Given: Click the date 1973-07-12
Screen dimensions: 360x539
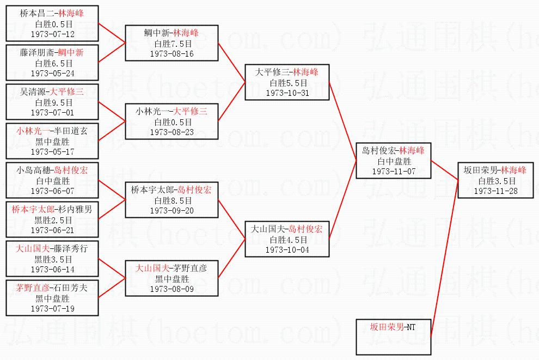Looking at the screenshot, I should (53, 34).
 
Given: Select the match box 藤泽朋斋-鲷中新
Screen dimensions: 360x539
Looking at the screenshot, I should (53, 62).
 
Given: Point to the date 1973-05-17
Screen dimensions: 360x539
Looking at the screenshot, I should (53, 151).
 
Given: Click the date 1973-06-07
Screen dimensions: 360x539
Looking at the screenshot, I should (53, 191).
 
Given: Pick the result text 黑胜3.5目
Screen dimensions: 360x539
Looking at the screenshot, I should (53, 259).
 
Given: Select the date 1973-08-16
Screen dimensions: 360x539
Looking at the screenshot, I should (171, 54).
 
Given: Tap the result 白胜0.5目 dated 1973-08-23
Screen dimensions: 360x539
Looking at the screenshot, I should (171, 122).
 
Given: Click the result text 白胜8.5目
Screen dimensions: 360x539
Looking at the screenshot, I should (171, 200).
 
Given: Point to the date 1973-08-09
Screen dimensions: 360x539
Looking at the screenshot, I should (171, 289).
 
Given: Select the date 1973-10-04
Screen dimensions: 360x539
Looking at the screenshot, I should (287, 249).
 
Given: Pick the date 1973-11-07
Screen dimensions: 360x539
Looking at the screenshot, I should (394, 171).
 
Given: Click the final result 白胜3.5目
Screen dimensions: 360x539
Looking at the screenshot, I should (495, 181).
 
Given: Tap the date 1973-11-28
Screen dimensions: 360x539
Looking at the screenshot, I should (495, 191).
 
